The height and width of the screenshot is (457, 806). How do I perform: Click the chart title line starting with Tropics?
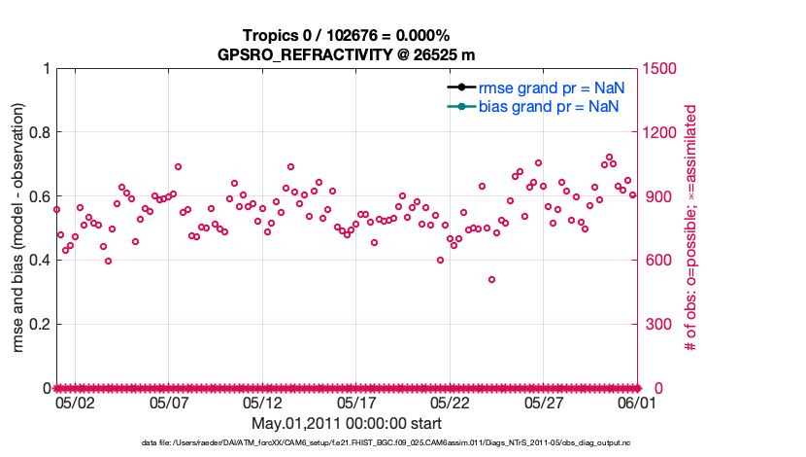click(345, 36)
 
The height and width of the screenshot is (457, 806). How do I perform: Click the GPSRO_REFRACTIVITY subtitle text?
click(345, 53)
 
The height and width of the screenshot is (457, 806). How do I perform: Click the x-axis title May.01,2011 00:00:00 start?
click(346, 424)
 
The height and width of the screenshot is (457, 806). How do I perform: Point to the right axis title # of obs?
click(690, 228)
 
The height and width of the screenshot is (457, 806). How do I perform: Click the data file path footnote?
click(346, 443)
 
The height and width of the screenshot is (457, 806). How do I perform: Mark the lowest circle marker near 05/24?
click(492, 280)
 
